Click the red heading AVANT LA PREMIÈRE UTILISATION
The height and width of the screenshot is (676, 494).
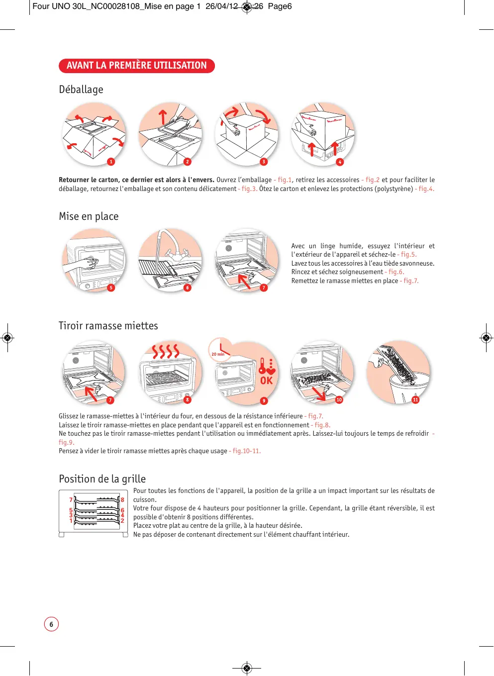tap(136, 66)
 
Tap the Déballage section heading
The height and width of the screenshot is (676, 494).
tap(81, 90)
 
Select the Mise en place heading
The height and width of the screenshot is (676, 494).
tap(89, 216)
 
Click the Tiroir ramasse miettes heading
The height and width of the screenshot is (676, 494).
tap(108, 326)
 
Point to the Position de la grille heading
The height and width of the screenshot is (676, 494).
tap(102, 479)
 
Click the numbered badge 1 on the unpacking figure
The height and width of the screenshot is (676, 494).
tap(111, 162)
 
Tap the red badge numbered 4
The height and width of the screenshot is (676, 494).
tap(340, 162)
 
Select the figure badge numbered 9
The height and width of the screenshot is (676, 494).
tap(264, 400)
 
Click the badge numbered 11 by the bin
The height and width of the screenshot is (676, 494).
tap(415, 399)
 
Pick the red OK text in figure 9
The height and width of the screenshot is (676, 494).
tap(267, 381)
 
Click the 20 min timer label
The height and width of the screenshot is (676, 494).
tap(218, 354)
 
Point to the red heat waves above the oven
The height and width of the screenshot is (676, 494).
tap(166, 351)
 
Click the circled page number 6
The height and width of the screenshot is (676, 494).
tap(51, 624)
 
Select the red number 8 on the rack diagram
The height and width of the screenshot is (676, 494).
tap(122, 500)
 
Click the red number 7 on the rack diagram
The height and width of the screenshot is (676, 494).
tap(71, 500)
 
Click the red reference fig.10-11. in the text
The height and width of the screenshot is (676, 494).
tap(246, 451)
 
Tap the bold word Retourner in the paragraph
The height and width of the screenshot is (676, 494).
tap(74, 180)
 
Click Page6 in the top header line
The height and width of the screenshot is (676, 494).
tap(280, 6)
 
